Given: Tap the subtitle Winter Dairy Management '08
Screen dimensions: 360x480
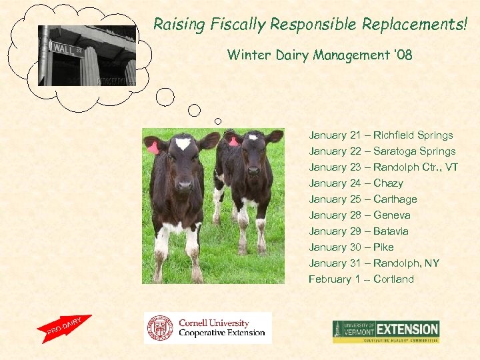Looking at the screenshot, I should click(x=319, y=55).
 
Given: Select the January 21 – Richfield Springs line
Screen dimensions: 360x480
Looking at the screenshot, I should click(x=381, y=135).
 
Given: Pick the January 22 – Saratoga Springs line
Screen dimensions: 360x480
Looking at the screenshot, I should click(x=382, y=151).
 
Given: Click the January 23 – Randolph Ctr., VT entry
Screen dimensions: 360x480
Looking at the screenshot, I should click(x=383, y=167).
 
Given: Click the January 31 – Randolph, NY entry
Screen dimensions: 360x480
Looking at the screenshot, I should click(x=374, y=263).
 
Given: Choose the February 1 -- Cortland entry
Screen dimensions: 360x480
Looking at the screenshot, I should click(x=361, y=279).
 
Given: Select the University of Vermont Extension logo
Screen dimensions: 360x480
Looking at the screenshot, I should click(x=386, y=331).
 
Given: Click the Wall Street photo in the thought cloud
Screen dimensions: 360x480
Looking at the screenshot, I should click(x=87, y=55).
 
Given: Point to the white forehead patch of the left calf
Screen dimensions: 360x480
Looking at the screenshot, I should click(x=183, y=143).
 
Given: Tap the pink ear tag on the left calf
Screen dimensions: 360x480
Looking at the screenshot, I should click(x=153, y=148).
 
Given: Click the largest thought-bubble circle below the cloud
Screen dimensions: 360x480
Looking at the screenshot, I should click(x=165, y=97).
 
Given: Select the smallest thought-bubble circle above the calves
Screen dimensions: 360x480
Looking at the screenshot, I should click(x=217, y=121).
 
